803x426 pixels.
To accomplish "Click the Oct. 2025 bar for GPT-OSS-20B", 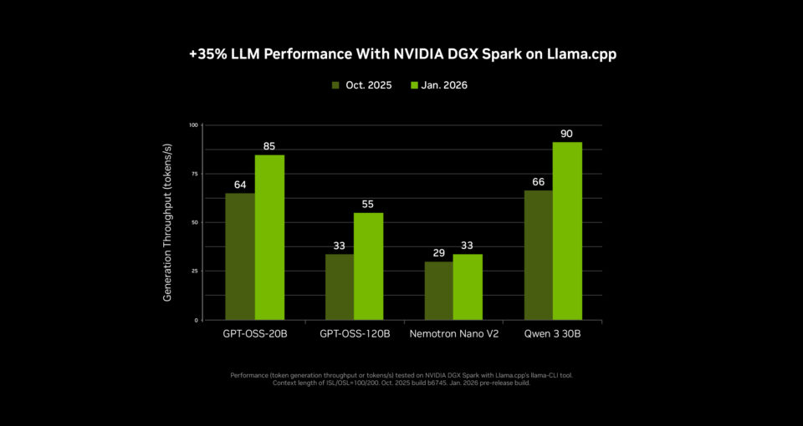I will (x=240, y=256).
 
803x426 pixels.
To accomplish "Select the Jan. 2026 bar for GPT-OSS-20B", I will (x=269, y=237).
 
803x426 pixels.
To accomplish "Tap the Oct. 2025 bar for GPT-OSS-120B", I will (x=340, y=287).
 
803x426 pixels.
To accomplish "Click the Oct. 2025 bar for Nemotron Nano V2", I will (x=439, y=291).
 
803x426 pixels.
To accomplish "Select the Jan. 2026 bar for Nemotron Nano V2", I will (x=468, y=287).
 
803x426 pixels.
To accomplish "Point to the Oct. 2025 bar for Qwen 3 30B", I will (x=539, y=255).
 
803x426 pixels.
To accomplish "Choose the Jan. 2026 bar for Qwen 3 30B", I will (x=567, y=231).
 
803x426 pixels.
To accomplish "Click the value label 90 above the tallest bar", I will (x=567, y=134).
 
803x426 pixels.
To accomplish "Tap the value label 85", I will (x=269, y=146).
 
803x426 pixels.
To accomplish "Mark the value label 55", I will (x=369, y=204).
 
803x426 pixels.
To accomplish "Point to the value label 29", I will (x=439, y=252).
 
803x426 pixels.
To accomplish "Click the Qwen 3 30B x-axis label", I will (x=552, y=333).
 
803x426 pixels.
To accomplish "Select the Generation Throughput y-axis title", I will (x=167, y=222).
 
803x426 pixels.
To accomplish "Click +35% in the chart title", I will (x=205, y=53).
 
